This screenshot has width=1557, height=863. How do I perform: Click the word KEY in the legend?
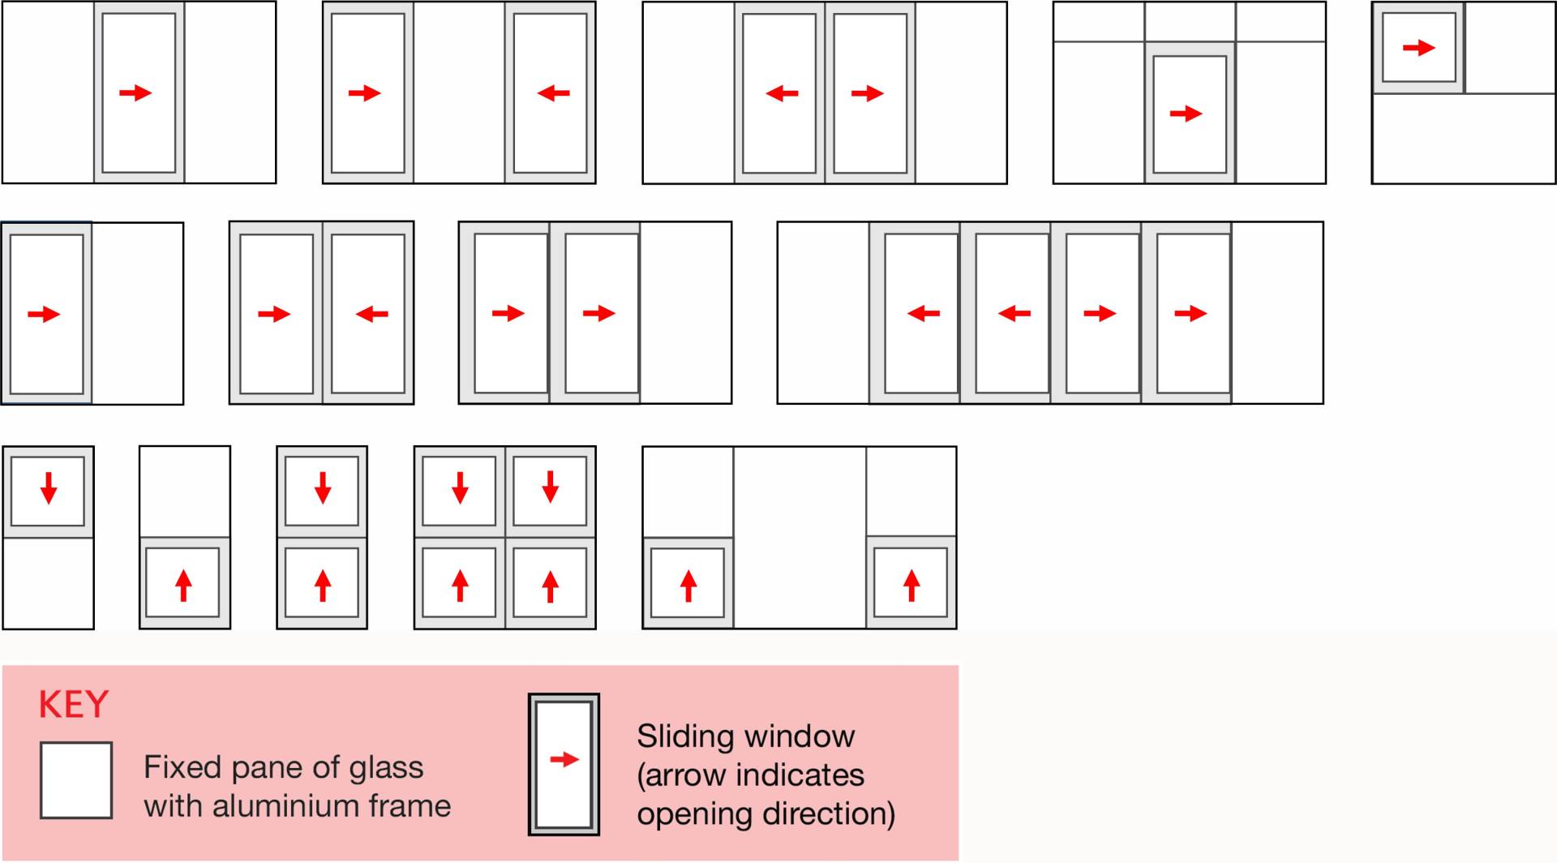[73, 705]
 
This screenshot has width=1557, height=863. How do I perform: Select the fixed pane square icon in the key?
[76, 779]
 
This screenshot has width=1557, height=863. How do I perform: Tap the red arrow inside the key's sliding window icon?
[564, 760]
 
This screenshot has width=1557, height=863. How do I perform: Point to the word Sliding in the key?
[676, 736]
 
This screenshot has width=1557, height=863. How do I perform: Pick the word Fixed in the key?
[182, 767]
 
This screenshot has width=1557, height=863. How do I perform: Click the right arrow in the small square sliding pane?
[1419, 48]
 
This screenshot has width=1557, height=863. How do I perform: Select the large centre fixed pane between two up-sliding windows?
[800, 537]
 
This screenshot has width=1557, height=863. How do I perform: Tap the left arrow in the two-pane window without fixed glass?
[371, 314]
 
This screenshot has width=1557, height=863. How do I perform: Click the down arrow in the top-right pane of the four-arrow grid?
[551, 487]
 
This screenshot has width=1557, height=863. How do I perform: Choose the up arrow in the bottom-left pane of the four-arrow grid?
[460, 586]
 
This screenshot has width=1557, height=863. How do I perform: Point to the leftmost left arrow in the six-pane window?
[924, 313]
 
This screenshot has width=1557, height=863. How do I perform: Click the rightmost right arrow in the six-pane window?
[1190, 313]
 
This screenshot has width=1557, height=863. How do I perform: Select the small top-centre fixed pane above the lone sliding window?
[1190, 22]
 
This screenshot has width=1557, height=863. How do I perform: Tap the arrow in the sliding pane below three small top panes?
[1186, 114]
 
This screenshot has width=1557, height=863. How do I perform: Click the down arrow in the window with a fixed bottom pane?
[49, 488]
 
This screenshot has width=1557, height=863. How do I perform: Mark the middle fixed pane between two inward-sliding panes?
[459, 92]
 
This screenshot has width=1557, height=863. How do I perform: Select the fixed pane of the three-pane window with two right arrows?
[685, 313]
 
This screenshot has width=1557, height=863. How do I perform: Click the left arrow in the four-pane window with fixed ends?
[782, 93]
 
